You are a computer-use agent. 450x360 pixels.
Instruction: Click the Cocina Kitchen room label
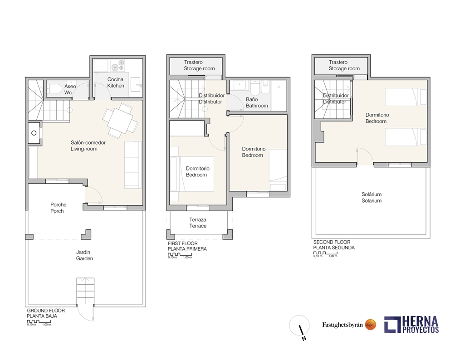[x=116, y=83]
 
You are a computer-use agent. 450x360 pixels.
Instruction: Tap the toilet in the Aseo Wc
[x=54, y=88]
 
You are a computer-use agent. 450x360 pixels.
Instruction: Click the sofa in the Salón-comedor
[x=133, y=164]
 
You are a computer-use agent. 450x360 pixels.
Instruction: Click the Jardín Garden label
[x=84, y=255]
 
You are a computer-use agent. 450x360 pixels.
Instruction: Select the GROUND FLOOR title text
[x=46, y=311]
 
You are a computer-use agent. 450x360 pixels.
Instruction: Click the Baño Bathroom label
[x=257, y=102]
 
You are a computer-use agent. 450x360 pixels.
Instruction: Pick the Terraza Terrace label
[x=198, y=222]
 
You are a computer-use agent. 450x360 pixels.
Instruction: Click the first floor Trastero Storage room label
[x=199, y=65]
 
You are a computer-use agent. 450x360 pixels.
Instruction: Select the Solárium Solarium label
[x=371, y=197]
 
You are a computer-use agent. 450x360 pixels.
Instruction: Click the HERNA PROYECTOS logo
[x=411, y=324]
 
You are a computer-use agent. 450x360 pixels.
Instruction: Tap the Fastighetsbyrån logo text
[x=342, y=324]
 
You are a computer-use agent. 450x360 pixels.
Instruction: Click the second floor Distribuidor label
[x=336, y=99]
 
